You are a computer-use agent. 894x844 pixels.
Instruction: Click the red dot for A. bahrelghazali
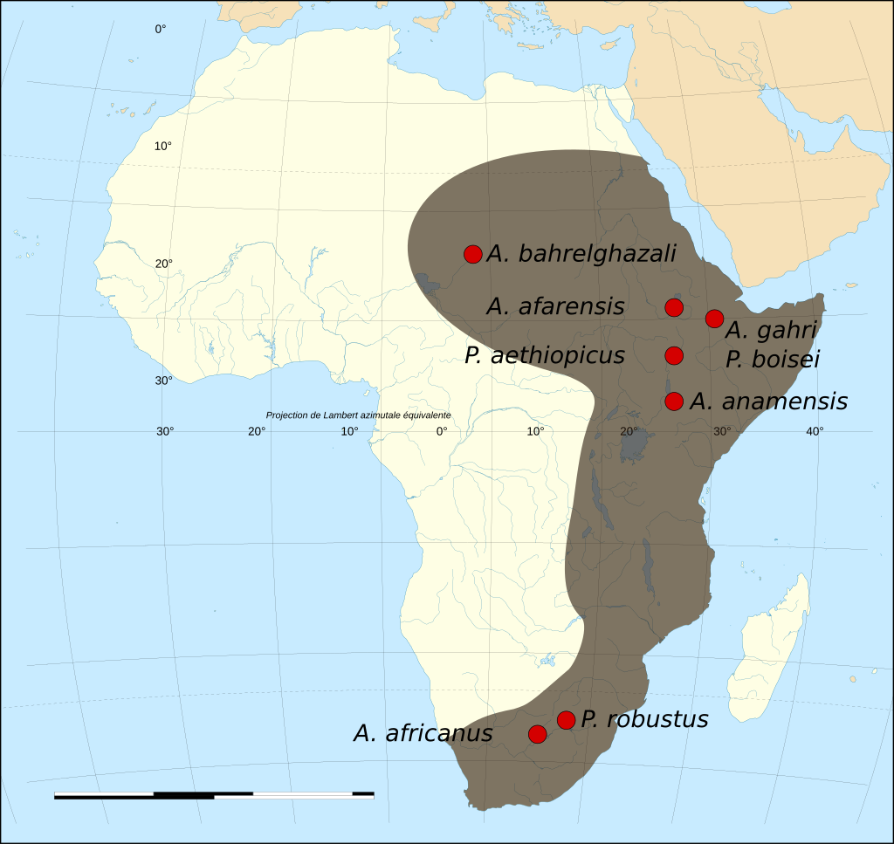[x=472, y=254]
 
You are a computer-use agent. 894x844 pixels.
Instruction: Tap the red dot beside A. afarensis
[x=673, y=307]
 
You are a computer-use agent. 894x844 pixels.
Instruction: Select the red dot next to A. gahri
[x=714, y=319]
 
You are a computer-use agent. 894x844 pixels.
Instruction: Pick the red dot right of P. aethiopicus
[x=673, y=355]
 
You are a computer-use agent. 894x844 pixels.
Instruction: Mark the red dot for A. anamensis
[x=673, y=401]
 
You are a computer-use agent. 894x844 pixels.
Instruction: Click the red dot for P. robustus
[x=566, y=720]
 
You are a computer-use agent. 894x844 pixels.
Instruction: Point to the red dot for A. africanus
[x=538, y=734]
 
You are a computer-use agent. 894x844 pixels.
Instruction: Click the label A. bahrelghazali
[x=581, y=254]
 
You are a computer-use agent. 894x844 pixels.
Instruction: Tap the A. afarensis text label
[x=555, y=306]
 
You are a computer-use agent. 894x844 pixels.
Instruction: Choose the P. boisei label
[x=773, y=359]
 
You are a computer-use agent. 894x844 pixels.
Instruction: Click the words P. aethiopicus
[x=545, y=356]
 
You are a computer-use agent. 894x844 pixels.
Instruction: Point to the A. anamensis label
[x=768, y=401]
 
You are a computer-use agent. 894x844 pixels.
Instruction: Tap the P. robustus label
[x=644, y=720]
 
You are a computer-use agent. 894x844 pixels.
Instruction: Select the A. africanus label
[x=423, y=734]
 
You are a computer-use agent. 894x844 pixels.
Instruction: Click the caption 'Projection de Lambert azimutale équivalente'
[x=358, y=415]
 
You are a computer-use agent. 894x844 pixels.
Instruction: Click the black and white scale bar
[x=214, y=795]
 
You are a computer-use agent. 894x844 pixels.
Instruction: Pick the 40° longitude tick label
[x=815, y=431]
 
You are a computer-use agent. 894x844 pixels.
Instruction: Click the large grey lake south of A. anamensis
[x=634, y=448]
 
